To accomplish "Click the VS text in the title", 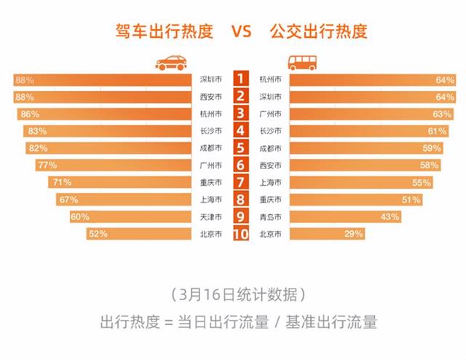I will [241, 31].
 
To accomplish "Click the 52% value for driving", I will [98, 234].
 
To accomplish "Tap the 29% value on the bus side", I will [355, 234].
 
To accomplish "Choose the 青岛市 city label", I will [271, 216].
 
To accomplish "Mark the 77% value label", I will [47, 165].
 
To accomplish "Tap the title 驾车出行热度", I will [164, 31].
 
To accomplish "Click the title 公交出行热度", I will [318, 31].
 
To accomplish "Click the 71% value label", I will [60, 182].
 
